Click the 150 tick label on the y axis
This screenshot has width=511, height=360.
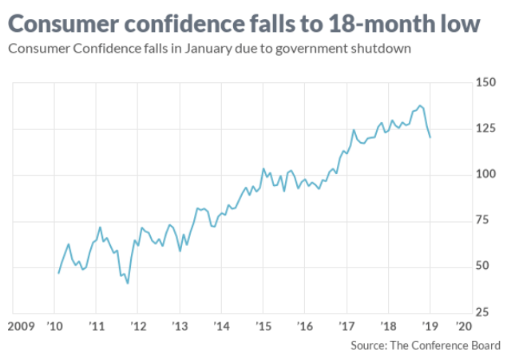pyautogui.click(x=486, y=83)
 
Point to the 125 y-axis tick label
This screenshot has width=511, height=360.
pyautogui.click(x=486, y=129)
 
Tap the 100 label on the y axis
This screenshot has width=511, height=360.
pyautogui.click(x=486, y=175)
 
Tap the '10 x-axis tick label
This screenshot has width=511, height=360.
pyautogui.click(x=56, y=326)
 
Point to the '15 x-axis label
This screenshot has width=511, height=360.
pyautogui.click(x=262, y=326)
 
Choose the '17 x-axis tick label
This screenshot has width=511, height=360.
pyautogui.click(x=345, y=326)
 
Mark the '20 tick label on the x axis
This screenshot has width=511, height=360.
pyautogui.click(x=464, y=326)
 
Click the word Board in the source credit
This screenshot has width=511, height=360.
pyautogui.click(x=484, y=346)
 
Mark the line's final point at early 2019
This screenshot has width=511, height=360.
pyautogui.click(x=430, y=137)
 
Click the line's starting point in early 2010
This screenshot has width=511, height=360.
pyautogui.click(x=58, y=273)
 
